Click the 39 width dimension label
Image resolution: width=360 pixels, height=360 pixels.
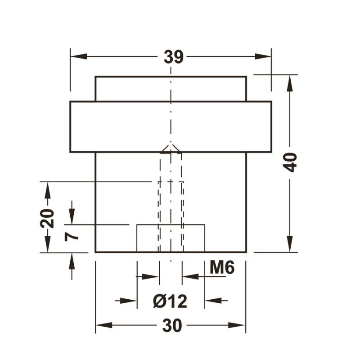click(x=173, y=57)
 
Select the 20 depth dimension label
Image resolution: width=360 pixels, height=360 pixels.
click(x=47, y=218)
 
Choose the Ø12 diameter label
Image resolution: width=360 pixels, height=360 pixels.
click(x=170, y=301)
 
